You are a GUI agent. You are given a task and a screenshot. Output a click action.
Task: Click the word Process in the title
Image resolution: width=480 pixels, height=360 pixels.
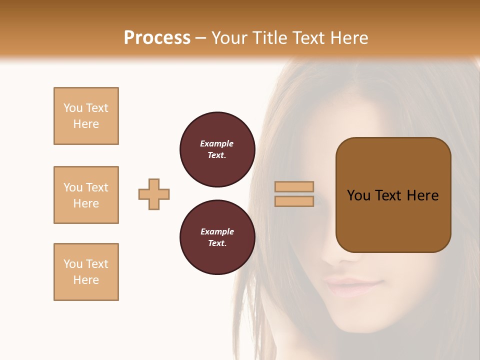[x=157, y=38]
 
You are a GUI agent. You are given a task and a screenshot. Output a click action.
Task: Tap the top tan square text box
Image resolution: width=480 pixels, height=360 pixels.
[x=86, y=116]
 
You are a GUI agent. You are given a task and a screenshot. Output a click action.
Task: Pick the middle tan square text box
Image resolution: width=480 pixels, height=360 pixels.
[x=86, y=195]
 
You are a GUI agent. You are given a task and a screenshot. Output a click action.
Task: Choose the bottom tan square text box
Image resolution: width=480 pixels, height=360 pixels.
[x=86, y=272]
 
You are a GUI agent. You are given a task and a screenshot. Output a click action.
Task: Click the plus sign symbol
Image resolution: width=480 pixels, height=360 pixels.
[x=154, y=194]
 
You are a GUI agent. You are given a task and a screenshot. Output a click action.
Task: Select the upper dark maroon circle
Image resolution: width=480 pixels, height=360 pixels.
[x=217, y=149]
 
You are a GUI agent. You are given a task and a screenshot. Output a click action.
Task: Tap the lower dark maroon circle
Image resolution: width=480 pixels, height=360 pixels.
[x=217, y=237]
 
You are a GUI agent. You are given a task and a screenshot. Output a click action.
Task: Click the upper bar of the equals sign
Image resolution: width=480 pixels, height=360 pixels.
[x=294, y=186]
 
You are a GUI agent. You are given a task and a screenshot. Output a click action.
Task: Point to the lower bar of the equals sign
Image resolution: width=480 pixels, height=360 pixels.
[x=294, y=201]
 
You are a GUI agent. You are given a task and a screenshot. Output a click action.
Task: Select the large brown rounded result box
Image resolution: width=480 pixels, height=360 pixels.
[x=393, y=195]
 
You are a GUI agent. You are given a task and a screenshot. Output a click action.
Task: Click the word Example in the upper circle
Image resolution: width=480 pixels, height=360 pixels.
[x=217, y=143]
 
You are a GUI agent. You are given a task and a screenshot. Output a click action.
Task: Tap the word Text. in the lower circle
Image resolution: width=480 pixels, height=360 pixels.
[x=217, y=243]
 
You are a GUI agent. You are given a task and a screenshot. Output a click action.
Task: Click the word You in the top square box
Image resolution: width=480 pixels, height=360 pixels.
[x=72, y=108]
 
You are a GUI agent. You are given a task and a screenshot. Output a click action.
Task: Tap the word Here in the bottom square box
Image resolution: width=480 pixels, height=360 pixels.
[x=86, y=280]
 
